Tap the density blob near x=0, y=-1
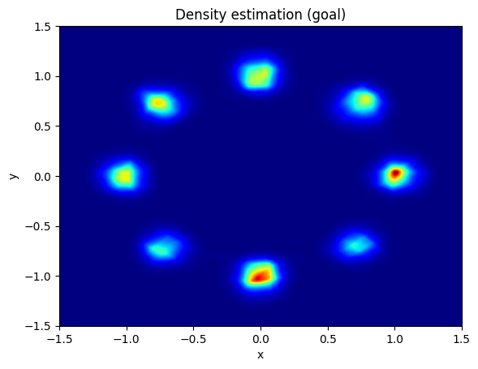260,275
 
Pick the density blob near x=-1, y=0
124,176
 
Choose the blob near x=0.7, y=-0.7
357,244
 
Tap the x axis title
261,355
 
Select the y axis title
14,176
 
